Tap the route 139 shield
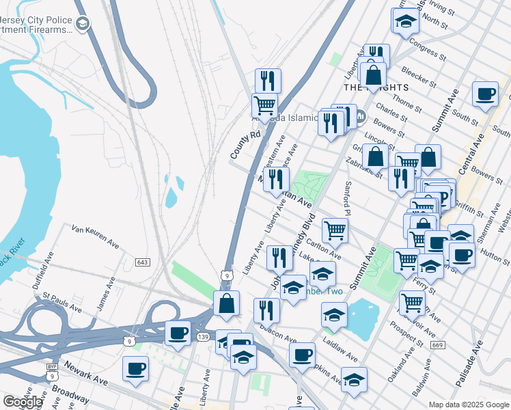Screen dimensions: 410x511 click(203, 337)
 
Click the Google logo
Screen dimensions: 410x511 click(23, 402)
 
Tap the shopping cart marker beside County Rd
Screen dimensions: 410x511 click(264, 106)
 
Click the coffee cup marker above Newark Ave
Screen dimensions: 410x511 click(135, 369)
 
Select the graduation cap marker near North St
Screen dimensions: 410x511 click(406, 20)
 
